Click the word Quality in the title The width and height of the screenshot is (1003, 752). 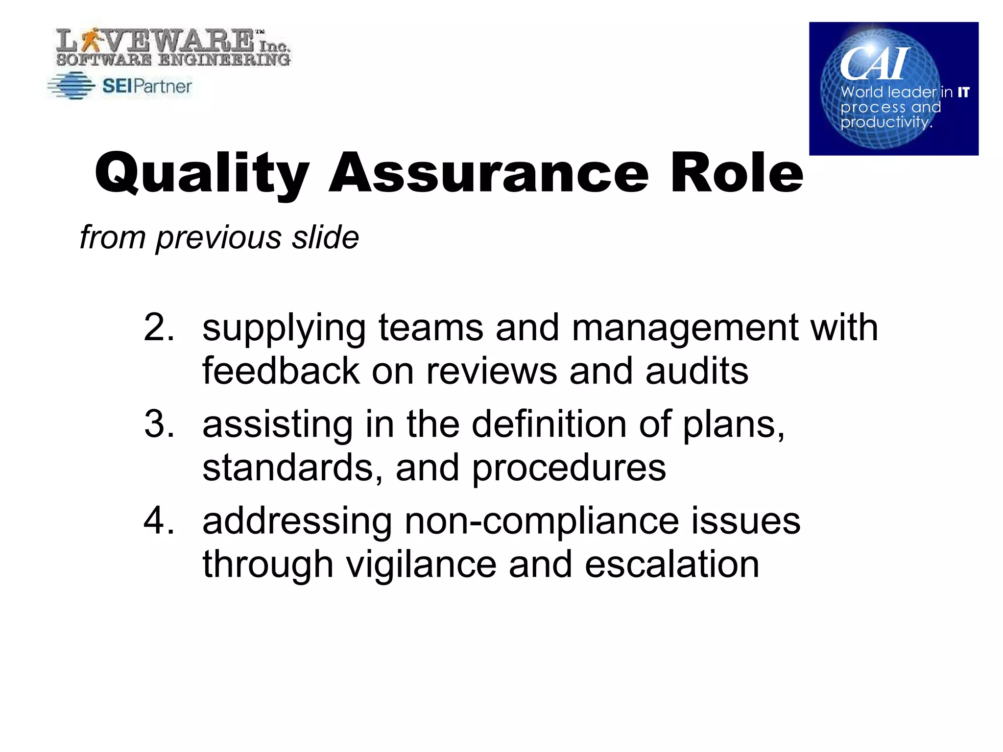pyautogui.click(x=202, y=174)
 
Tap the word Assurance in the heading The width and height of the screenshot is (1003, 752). pyautogui.click(x=488, y=174)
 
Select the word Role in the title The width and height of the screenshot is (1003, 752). pyautogui.click(x=737, y=174)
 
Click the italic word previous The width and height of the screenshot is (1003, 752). pyautogui.click(x=218, y=238)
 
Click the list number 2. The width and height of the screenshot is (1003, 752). pyautogui.click(x=159, y=327)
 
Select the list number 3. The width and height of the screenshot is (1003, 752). pyautogui.click(x=159, y=424)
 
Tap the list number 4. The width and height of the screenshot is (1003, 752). pyautogui.click(x=159, y=520)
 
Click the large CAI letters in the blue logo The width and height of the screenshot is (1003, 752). pyautogui.click(x=875, y=64)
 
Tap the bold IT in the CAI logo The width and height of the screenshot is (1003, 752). pyautogui.click(x=963, y=92)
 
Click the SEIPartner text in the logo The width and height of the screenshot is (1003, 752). pyautogui.click(x=147, y=87)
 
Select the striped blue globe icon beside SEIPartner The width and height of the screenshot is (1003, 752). pyautogui.click(x=72, y=86)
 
